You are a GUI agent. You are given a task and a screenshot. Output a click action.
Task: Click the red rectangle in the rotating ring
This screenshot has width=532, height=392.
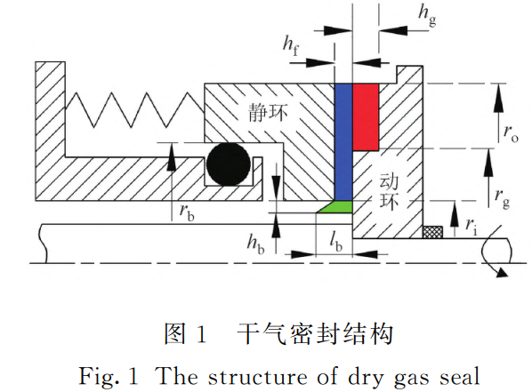pos(366,117)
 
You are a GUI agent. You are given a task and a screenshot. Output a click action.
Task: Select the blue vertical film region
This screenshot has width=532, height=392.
pos(343,142)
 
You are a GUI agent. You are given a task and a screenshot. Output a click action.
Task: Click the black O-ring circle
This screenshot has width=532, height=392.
pos(229,164)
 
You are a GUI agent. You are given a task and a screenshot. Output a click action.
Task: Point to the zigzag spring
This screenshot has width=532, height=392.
pos(134,109)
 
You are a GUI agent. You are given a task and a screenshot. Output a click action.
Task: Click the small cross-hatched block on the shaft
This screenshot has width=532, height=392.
pos(432,232)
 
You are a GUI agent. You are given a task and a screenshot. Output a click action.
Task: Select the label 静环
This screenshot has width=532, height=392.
pos(268,113)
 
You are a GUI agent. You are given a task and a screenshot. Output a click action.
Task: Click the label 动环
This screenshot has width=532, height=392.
pos(389,191)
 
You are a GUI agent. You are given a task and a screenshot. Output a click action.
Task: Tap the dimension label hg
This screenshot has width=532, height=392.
pos(428,15)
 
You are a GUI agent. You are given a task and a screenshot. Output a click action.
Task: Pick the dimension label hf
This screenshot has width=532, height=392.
pos(291,46)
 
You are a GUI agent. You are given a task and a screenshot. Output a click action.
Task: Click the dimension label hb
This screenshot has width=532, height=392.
pos(256,244)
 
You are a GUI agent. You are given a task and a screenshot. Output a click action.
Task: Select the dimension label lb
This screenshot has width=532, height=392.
pos(336,243)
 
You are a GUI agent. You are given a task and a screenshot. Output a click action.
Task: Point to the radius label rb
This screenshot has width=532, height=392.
pos(187,212)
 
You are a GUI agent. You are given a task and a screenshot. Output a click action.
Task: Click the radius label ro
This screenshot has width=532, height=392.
pos(511,132)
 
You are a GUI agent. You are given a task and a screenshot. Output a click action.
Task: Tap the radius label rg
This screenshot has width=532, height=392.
pos(502,197)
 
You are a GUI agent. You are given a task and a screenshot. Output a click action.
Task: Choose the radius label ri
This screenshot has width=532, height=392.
pos(472,226)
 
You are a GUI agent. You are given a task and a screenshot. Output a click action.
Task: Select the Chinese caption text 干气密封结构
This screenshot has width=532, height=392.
pos(315,334)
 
